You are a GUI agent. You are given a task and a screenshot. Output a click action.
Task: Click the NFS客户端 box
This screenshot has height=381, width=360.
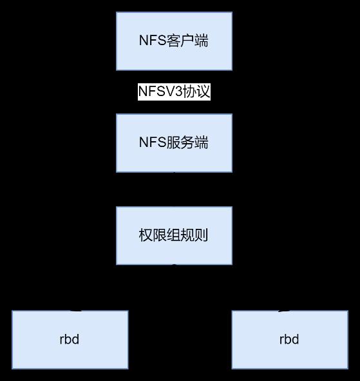pyautogui.click(x=174, y=41)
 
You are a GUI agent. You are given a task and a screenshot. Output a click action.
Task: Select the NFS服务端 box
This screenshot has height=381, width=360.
pyautogui.click(x=174, y=143)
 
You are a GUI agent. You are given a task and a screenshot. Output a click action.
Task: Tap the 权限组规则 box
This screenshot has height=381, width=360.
pyautogui.click(x=174, y=236)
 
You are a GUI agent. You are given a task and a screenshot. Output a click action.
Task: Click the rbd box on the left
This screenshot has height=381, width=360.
pyautogui.click(x=70, y=340)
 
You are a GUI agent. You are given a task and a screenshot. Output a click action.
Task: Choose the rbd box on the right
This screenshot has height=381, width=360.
pyautogui.click(x=290, y=340)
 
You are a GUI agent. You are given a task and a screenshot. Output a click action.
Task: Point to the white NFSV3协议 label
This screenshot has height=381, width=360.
pyautogui.click(x=174, y=92)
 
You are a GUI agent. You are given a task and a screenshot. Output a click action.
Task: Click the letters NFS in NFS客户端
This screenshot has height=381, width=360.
pyautogui.click(x=153, y=41)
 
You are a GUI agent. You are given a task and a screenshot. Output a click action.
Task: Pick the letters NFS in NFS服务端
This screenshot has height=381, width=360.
pyautogui.click(x=153, y=142)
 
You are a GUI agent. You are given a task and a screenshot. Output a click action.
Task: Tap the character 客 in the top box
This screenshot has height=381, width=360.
pyautogui.click(x=173, y=41)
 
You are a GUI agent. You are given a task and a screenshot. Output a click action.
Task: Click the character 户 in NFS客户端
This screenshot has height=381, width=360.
pyautogui.click(x=187, y=41)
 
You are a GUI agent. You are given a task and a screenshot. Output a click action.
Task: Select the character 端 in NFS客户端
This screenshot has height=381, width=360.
pyautogui.click(x=201, y=41)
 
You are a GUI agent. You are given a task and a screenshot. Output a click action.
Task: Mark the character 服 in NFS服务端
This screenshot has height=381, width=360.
pyautogui.click(x=173, y=142)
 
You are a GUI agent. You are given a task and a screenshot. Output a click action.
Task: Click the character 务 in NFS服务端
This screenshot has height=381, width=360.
pyautogui.click(x=187, y=142)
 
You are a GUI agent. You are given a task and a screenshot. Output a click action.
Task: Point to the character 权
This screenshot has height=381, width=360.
pyautogui.click(x=146, y=235)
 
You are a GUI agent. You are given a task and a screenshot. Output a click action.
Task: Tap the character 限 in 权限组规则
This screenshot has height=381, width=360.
pyautogui.click(x=160, y=235)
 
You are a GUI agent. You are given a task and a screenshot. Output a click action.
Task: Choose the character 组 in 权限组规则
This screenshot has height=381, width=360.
pyautogui.click(x=173, y=235)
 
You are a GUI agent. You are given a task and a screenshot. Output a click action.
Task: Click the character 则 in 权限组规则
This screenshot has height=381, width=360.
pyautogui.click(x=201, y=235)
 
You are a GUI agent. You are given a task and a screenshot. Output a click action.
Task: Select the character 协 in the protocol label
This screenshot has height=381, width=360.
pyautogui.click(x=189, y=92)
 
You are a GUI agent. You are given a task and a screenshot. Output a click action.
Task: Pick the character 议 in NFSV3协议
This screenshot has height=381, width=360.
pyautogui.click(x=203, y=92)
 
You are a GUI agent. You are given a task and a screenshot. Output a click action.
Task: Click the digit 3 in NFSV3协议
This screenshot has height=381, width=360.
pyautogui.click(x=178, y=92)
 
